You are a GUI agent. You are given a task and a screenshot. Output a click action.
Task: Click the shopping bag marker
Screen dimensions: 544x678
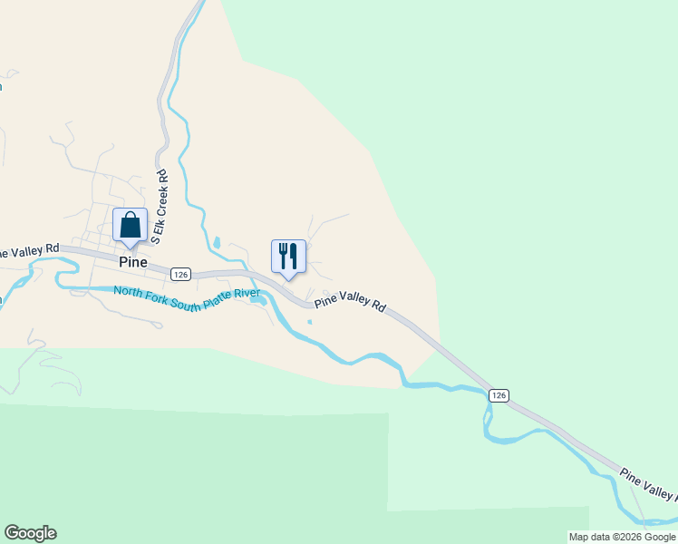coord(130,225)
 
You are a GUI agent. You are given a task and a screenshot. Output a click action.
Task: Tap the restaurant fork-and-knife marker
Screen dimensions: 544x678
coord(288,257)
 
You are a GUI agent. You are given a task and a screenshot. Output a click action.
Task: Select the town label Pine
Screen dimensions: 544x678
coord(132,261)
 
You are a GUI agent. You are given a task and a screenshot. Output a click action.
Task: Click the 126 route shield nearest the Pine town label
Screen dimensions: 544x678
coord(179,274)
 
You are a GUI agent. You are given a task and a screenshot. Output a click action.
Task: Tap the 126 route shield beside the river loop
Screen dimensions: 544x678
coord(498,395)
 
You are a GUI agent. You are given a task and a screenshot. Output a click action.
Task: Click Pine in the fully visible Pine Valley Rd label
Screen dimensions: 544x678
coord(326,296)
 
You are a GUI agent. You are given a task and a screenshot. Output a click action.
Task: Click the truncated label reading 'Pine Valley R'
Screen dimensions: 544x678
coord(647,484)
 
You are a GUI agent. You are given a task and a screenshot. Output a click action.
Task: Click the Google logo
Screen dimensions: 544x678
coord(30,533)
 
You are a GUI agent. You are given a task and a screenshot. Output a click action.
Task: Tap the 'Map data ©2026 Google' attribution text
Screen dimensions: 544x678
coord(621,537)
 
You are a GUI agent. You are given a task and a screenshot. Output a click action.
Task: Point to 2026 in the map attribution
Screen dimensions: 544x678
coord(625,537)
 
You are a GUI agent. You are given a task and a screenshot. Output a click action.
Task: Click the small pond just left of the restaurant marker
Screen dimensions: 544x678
coord(217,243)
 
